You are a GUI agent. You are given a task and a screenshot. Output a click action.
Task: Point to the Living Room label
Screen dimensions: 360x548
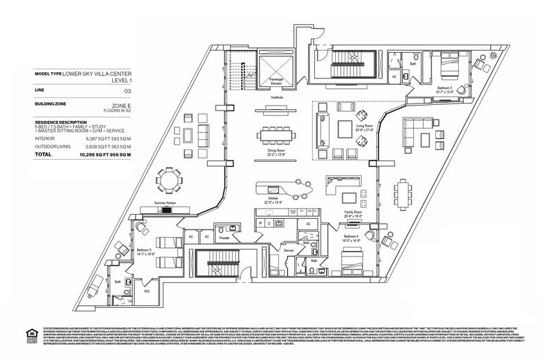click(x=364, y=129)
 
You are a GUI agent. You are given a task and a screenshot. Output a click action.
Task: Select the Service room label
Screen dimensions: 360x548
click(x=288, y=250)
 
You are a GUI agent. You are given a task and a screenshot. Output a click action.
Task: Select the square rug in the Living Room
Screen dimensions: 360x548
click(x=346, y=129)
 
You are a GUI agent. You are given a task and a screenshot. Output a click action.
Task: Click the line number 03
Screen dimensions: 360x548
click(x=127, y=91)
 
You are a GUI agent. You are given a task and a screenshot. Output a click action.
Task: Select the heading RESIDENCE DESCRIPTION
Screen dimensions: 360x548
click(x=61, y=121)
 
